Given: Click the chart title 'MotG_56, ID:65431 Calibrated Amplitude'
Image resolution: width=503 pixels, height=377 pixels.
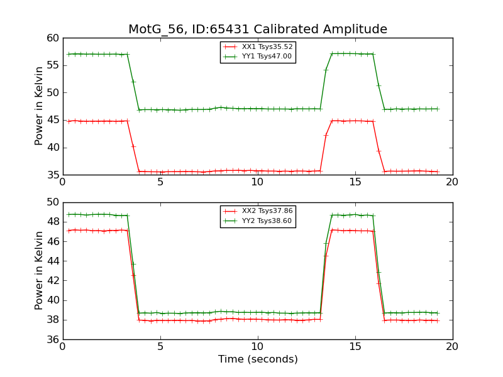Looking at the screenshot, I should pyautogui.click(x=258, y=30).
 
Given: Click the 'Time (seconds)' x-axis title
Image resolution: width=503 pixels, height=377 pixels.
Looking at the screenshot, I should pyautogui.click(x=258, y=359).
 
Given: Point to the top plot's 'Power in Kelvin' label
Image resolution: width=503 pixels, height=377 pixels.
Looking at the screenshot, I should pyautogui.click(x=40, y=106).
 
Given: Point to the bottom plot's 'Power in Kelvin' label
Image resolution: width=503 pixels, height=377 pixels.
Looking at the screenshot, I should pyautogui.click(x=40, y=270).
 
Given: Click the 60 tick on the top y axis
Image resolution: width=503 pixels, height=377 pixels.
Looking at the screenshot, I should pyautogui.click(x=52, y=38).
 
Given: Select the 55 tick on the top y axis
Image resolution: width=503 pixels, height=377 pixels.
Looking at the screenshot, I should pyautogui.click(x=52, y=65).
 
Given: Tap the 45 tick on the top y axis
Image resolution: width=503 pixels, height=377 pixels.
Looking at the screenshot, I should pyautogui.click(x=52, y=121).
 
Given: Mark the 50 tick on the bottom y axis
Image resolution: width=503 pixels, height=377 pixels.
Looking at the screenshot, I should pyautogui.click(x=52, y=202).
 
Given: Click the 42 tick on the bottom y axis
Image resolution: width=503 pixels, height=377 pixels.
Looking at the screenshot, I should pyautogui.click(x=52, y=280).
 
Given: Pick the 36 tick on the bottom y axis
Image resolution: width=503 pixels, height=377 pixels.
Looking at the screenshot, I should pyautogui.click(x=52, y=339).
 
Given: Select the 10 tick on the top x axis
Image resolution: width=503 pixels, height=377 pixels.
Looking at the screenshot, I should pyautogui.click(x=258, y=183).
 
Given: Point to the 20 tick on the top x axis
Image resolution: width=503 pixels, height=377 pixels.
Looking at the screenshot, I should pyautogui.click(x=452, y=183).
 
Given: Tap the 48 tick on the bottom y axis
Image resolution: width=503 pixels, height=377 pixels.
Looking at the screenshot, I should pyautogui.click(x=52, y=222).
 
